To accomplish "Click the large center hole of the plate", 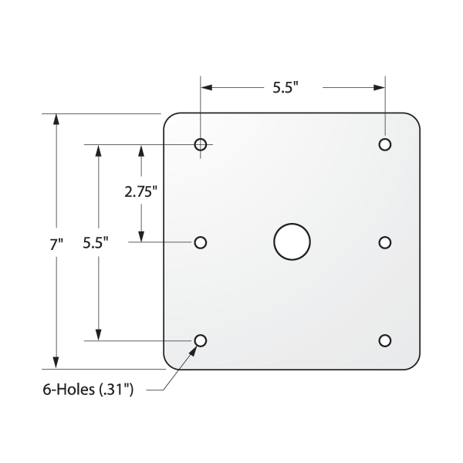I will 292,242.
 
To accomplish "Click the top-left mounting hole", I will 201,144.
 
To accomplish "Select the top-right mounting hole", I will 384,144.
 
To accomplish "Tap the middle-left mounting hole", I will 201,242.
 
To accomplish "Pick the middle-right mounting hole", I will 384,242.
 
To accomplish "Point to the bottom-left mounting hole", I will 201,340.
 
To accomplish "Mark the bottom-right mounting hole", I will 384,340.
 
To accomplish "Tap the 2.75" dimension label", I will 141,192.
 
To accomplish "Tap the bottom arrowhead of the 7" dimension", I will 56,363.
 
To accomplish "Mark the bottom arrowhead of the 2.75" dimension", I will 140,236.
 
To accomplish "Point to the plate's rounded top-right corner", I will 414,119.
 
